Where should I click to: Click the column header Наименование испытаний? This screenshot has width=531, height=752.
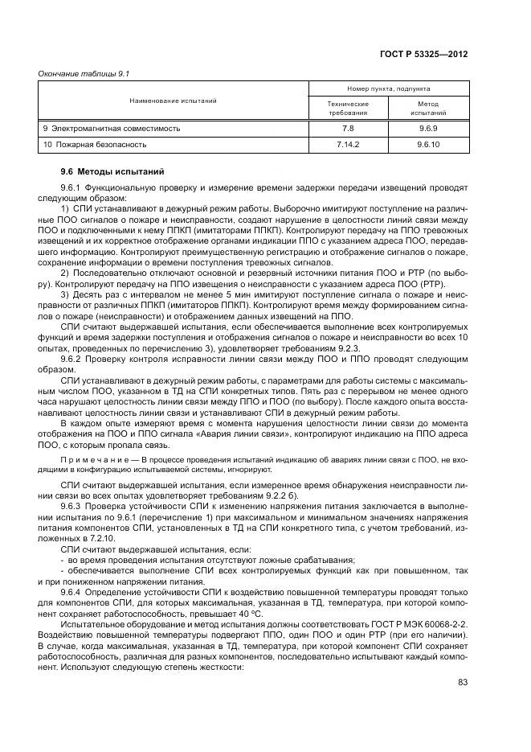173,101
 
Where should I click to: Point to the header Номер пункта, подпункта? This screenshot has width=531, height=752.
388,88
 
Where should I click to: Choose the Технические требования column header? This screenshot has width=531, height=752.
348,109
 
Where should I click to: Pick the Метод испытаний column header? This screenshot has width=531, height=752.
427,109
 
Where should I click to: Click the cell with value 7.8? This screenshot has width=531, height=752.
348,128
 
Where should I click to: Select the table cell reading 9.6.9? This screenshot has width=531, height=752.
427,128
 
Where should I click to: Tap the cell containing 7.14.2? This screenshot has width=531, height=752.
348,145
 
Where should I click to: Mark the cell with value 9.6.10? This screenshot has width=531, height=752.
427,145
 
